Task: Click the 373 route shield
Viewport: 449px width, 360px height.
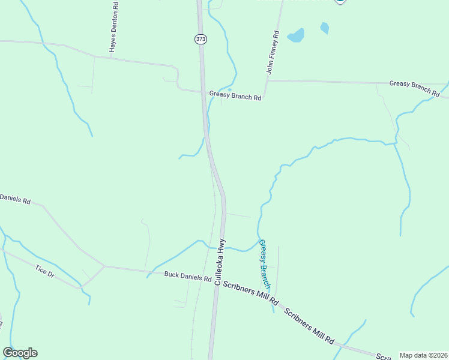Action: (200, 38)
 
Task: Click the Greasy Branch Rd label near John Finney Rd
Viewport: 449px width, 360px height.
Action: (235, 95)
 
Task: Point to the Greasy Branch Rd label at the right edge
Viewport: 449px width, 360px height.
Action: (414, 87)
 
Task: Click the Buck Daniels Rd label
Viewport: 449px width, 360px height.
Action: (187, 277)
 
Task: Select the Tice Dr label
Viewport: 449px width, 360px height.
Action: (45, 271)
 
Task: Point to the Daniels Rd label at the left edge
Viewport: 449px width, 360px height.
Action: (15, 199)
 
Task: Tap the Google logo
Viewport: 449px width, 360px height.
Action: (20, 353)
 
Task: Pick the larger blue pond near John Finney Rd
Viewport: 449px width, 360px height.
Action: (295, 36)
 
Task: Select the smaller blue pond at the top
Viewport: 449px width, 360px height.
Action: (325, 28)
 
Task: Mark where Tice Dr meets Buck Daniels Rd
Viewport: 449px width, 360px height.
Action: (104, 266)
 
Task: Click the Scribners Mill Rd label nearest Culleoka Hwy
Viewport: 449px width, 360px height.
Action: (251, 292)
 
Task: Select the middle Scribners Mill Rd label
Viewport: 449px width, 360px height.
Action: (309, 326)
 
